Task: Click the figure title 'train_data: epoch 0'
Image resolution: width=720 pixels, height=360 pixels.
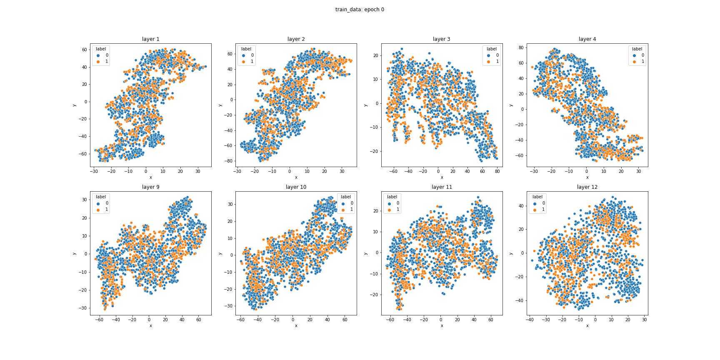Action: point(360,10)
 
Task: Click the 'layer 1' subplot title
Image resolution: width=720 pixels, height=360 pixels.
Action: point(150,39)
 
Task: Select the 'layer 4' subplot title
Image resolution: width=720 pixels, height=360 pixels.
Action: point(587,39)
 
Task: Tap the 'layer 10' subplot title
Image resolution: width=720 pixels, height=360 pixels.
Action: point(296,187)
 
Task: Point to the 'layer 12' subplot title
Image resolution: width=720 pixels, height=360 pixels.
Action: point(587,187)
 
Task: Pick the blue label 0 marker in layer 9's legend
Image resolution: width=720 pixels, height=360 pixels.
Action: point(98,203)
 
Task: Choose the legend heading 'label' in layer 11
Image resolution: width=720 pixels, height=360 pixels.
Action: point(392,197)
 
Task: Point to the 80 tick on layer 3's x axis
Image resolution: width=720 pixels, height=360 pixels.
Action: point(497,171)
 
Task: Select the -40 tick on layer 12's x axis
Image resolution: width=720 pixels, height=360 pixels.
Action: point(530,320)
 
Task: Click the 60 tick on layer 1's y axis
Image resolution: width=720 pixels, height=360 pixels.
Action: point(85,50)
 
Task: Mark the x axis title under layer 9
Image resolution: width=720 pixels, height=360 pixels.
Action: point(150,325)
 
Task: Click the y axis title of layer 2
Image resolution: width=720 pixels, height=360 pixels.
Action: point(220,105)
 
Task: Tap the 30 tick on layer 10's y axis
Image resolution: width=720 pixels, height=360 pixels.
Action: point(230,204)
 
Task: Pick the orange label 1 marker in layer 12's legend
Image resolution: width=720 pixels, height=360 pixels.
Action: point(535,210)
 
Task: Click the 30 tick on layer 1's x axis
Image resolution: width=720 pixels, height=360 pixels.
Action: point(197,171)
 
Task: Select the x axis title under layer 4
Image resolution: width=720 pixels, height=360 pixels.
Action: point(587,177)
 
